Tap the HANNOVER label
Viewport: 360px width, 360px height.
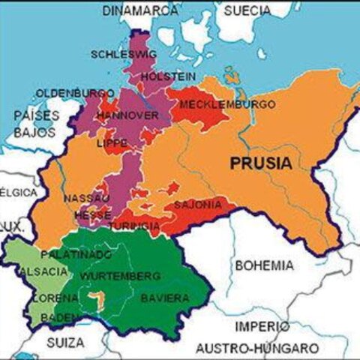128,116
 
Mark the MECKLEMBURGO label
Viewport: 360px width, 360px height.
217,103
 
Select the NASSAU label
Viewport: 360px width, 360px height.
87,198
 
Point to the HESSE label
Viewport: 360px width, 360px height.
92,214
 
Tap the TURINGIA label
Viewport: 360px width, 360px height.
133,226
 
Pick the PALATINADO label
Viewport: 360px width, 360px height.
70,256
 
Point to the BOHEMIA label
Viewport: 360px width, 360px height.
264,265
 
